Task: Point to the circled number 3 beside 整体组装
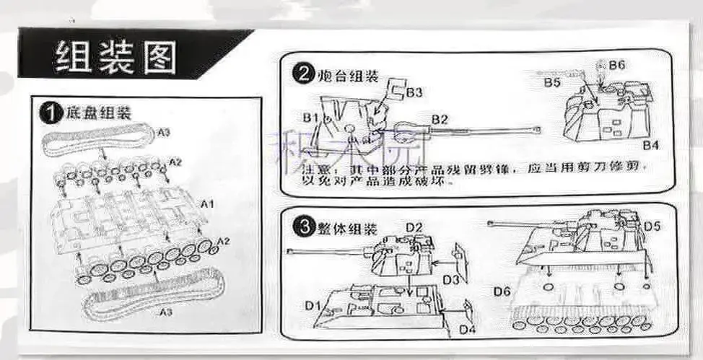click(x=302, y=229)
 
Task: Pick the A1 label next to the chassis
click(x=206, y=204)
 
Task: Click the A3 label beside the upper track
click(x=164, y=131)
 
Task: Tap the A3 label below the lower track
click(x=165, y=312)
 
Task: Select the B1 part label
click(x=310, y=117)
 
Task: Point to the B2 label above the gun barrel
click(x=440, y=119)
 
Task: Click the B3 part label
click(x=414, y=92)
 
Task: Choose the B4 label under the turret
click(x=651, y=146)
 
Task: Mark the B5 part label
click(x=552, y=83)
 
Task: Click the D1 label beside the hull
click(x=312, y=306)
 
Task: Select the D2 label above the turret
click(x=413, y=229)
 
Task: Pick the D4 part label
click(x=468, y=330)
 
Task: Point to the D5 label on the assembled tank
click(x=652, y=227)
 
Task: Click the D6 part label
click(x=502, y=291)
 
